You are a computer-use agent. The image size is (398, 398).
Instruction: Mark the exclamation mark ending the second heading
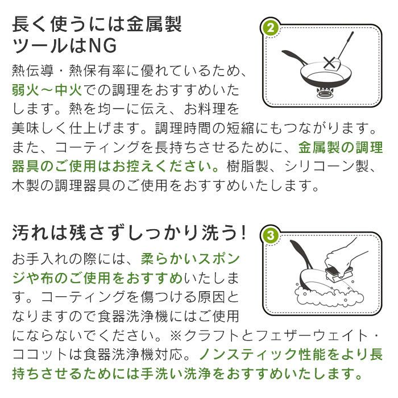243,233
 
